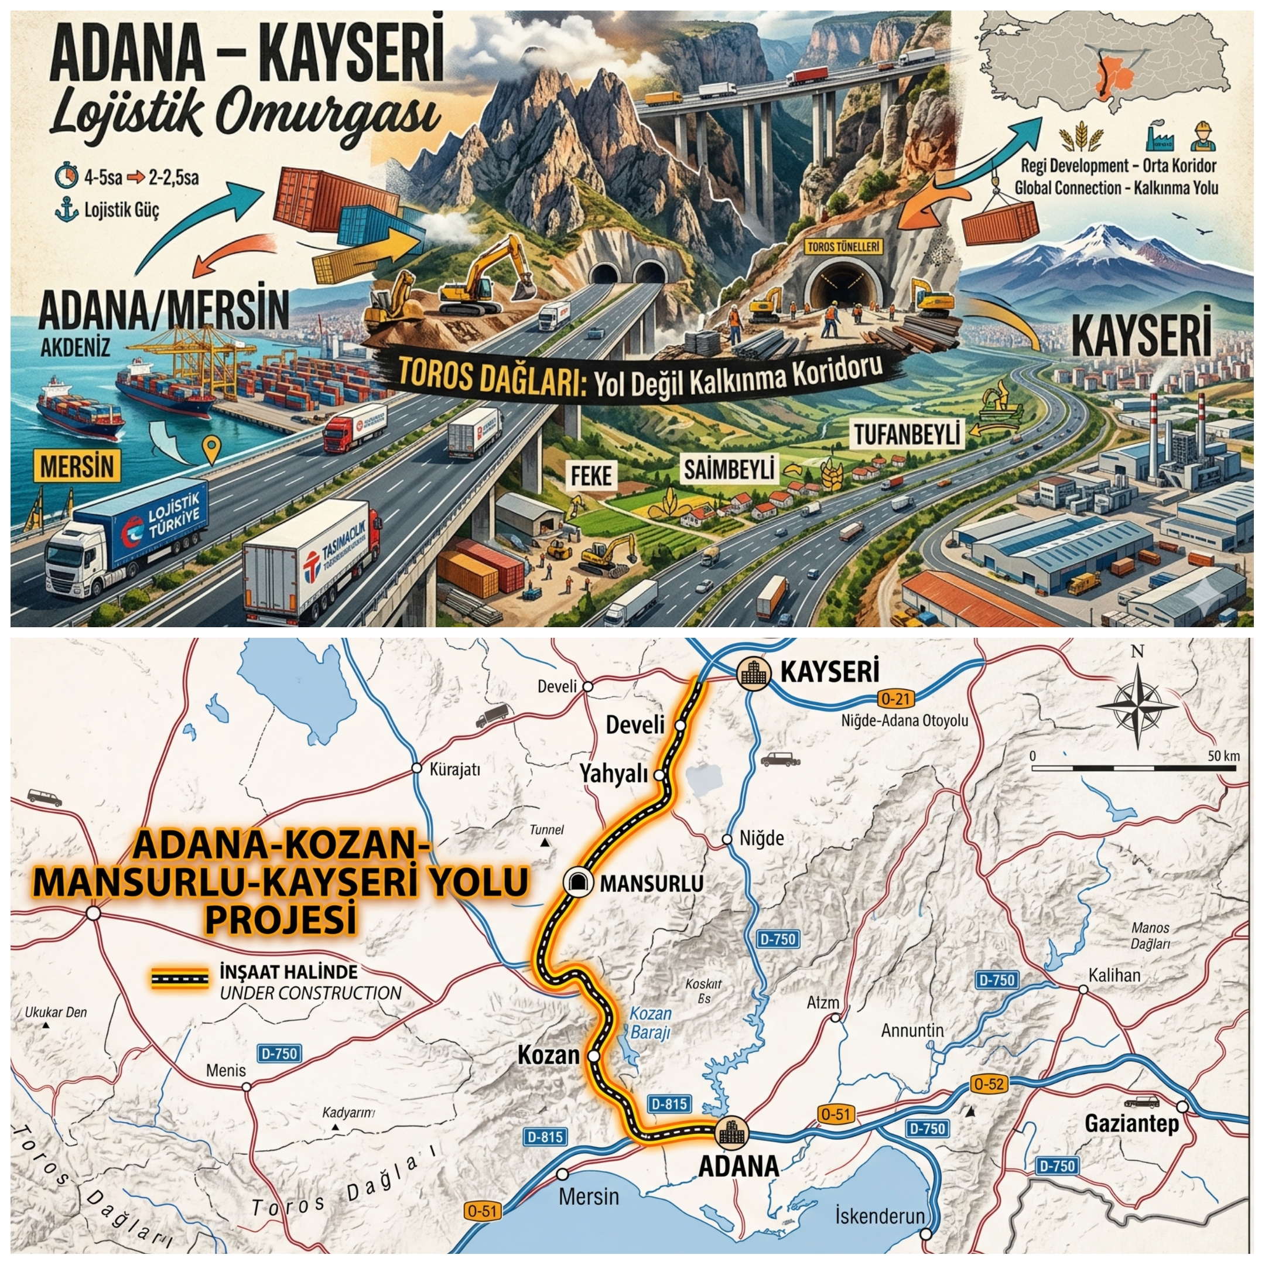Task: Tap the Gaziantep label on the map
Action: (x=1131, y=1124)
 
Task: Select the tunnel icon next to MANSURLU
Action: (x=577, y=882)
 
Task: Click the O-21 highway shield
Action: (x=895, y=699)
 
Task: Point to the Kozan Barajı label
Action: (x=650, y=1023)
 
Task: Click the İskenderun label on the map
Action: (x=879, y=1216)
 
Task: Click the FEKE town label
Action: (x=592, y=476)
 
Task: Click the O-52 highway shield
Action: (x=988, y=1083)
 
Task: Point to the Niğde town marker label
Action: (x=761, y=838)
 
